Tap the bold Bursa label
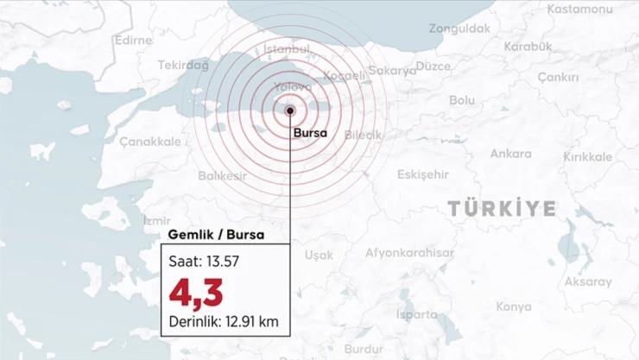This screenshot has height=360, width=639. pos(311,133)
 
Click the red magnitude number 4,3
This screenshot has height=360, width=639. pos(196,294)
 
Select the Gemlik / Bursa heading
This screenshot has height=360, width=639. pos(203,234)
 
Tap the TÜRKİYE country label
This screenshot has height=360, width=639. pos(502,208)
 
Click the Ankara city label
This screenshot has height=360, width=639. pos(510,154)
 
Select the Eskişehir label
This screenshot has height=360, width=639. pos(423,174)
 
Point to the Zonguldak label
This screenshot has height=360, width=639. pos(459,28)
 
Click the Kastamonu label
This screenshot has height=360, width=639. pos(580,9)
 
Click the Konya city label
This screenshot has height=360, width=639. pos(514,306)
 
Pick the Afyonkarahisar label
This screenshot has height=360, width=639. pos(409,253)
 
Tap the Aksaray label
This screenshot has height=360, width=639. pos(587,281)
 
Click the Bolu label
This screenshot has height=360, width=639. pos(462,100)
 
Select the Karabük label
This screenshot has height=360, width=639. pos(527,45)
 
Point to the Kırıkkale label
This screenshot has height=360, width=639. pos(587,157)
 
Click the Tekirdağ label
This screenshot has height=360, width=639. pos(184,65)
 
